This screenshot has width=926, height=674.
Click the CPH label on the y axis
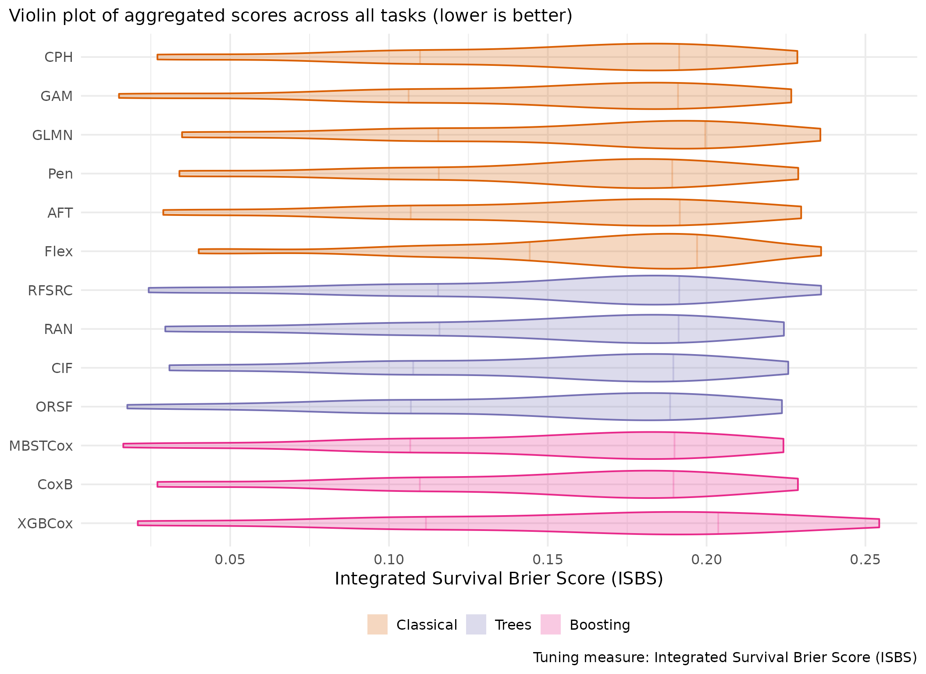(x=58, y=57)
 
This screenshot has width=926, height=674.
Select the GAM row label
(x=57, y=96)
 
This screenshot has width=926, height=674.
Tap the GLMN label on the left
(x=53, y=135)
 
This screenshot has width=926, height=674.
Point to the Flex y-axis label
(x=58, y=252)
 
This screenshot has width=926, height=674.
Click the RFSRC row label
(x=50, y=291)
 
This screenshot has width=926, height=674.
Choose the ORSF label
(x=54, y=407)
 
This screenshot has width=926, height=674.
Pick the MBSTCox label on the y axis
(x=41, y=446)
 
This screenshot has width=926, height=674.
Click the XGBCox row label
(x=45, y=524)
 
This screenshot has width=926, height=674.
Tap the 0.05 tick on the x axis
(x=230, y=560)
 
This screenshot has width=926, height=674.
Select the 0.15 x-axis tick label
(x=548, y=560)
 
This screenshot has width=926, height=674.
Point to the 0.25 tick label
(x=865, y=560)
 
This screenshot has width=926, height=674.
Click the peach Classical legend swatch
(x=378, y=624)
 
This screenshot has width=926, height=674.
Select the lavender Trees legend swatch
(x=476, y=624)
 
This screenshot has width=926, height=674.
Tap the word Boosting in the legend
(x=600, y=625)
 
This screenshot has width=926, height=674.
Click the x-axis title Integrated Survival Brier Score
(x=499, y=579)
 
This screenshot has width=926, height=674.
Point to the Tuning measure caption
(x=725, y=658)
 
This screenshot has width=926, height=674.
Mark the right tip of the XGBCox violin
(x=879, y=523)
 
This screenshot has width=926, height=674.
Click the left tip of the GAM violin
(x=119, y=96)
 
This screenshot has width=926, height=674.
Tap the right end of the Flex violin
(x=821, y=251)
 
